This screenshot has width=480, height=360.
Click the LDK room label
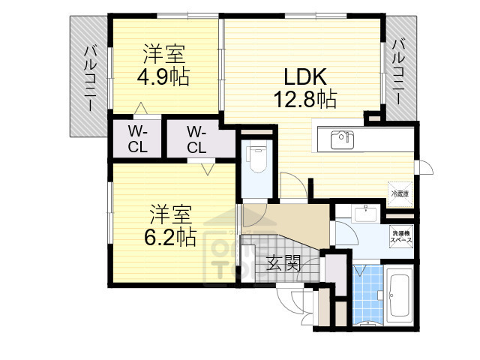[x=304, y=77]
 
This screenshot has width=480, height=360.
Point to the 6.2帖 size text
[x=169, y=237]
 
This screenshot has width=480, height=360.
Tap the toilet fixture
[x=258, y=158]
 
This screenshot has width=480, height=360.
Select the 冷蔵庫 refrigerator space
[x=399, y=193]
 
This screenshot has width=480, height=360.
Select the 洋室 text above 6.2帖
[x=169, y=214]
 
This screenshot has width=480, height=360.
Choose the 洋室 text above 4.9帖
[x=162, y=54]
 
